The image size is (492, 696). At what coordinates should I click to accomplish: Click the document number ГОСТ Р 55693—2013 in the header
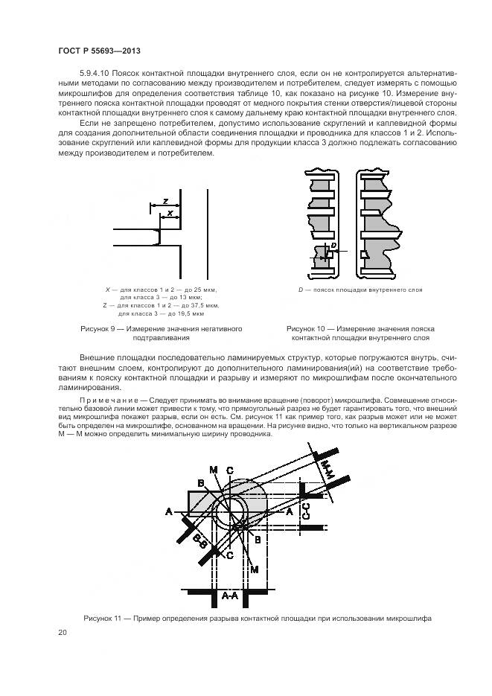[x=100, y=51]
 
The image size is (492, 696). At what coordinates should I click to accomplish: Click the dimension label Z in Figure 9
[x=165, y=199]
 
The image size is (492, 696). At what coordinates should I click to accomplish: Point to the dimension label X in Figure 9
[x=170, y=213]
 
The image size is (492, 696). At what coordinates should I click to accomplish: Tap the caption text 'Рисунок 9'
[x=101, y=328]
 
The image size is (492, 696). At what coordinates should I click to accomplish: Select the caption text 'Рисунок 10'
[x=308, y=328]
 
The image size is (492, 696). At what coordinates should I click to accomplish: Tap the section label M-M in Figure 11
[x=326, y=469]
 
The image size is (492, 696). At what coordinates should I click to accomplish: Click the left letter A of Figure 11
[x=168, y=511]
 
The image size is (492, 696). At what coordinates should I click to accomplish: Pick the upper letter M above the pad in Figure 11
[x=213, y=469]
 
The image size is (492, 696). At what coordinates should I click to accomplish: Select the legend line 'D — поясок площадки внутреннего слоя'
[x=360, y=288]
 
